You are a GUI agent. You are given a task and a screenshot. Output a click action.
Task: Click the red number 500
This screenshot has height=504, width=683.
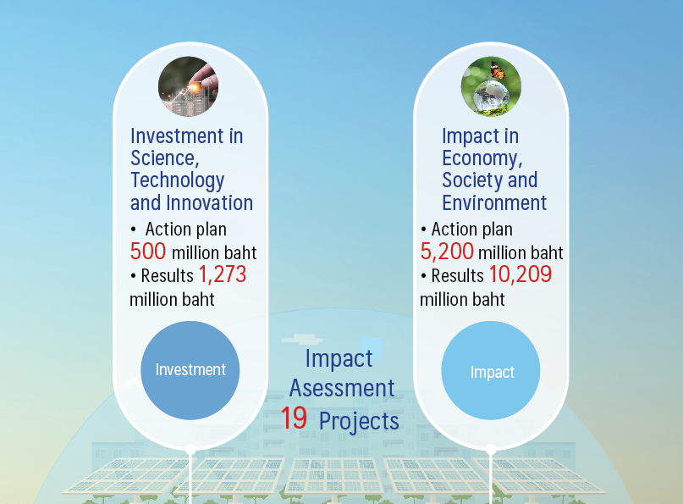[148, 251]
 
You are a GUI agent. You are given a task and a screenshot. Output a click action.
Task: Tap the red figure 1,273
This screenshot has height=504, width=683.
[223, 274]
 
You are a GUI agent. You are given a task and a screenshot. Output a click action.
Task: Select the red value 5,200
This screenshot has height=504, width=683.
[447, 252]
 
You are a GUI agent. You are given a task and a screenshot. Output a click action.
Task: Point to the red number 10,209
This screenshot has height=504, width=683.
[521, 274]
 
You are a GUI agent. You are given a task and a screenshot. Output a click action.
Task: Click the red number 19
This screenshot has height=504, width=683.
[294, 418]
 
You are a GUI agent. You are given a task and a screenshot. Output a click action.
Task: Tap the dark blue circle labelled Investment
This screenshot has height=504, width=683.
[190, 370]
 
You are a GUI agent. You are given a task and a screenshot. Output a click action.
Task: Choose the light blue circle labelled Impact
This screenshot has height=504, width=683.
[491, 371]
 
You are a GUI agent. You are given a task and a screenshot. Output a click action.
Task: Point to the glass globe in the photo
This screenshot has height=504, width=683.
[492, 96]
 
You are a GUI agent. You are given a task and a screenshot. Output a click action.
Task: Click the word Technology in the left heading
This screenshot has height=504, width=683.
[177, 181]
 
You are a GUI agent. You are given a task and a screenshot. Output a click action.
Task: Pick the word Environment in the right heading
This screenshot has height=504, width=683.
[494, 202]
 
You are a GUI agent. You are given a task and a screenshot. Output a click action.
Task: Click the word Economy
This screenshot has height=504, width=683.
[482, 158]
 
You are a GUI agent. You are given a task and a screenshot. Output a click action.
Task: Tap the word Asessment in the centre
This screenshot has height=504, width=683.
[342, 388]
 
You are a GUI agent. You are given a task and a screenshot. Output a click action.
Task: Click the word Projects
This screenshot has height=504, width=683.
[359, 421]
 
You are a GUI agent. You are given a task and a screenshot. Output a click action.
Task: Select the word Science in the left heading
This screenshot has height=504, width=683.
[165, 158]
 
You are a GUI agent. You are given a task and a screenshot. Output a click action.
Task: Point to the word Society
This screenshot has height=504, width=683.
[471, 181]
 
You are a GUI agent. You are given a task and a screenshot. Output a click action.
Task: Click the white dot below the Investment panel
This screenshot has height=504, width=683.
[190, 450]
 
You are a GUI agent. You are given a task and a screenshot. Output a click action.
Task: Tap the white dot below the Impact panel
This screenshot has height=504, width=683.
[491, 450]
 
